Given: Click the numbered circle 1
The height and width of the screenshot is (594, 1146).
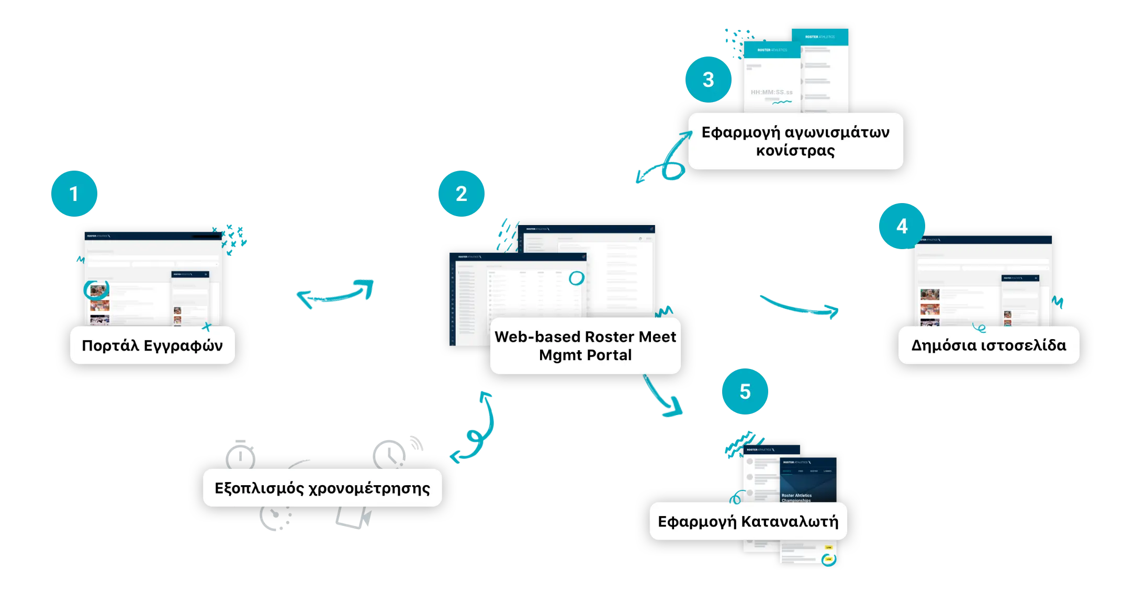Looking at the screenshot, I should pos(74,194).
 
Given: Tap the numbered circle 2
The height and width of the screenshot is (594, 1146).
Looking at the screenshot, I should pos(461,194).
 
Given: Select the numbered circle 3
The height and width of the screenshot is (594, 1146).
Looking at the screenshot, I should pos(708,80).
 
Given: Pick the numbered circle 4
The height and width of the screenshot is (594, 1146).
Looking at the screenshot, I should pos(902,226).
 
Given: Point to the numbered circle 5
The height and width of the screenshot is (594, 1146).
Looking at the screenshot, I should pos(745,391).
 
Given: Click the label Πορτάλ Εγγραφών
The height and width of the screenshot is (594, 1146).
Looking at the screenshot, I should pos(152,345).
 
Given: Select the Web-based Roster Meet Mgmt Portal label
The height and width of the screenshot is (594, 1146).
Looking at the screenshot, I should pos(585,345).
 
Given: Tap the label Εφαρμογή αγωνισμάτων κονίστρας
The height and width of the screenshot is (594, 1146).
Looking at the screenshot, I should pos(795,141).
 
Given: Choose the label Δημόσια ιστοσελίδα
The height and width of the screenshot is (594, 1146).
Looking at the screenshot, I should pos(988,345).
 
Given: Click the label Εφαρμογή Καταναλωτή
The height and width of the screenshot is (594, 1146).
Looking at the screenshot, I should pos(748,521).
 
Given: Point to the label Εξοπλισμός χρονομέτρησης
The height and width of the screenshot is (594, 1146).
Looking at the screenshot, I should pos(322,488).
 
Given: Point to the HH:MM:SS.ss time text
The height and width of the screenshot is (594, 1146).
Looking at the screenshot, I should pos(771,92).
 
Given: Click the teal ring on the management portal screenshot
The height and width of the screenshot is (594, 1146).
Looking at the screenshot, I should pos(576,278).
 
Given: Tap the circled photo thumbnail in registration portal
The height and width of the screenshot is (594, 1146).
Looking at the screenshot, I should pos(96,289).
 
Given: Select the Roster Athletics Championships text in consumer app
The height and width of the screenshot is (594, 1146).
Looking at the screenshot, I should pos(796,498).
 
